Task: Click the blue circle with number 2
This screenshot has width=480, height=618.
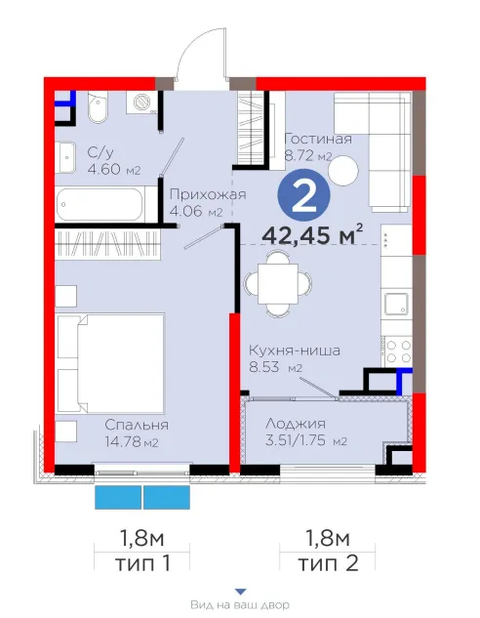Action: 303,195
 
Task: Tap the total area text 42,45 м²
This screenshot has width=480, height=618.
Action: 312,234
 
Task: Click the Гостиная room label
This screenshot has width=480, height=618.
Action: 318,139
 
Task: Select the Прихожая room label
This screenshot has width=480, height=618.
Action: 208,194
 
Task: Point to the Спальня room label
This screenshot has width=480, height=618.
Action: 137,425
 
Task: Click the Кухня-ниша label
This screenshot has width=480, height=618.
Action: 295,350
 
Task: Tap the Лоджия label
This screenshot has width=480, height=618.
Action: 296,424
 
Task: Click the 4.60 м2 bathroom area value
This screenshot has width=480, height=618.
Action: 113,170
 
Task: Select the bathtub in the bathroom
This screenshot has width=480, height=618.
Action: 100,205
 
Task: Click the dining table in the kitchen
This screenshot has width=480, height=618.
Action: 278,283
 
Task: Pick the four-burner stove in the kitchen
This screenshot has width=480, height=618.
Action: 398,351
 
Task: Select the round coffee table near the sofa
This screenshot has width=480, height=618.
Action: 343,170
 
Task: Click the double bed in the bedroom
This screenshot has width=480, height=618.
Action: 110,363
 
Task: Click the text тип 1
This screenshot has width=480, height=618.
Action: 143,563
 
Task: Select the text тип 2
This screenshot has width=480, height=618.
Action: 328,563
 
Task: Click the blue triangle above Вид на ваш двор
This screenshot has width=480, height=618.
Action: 241,592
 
